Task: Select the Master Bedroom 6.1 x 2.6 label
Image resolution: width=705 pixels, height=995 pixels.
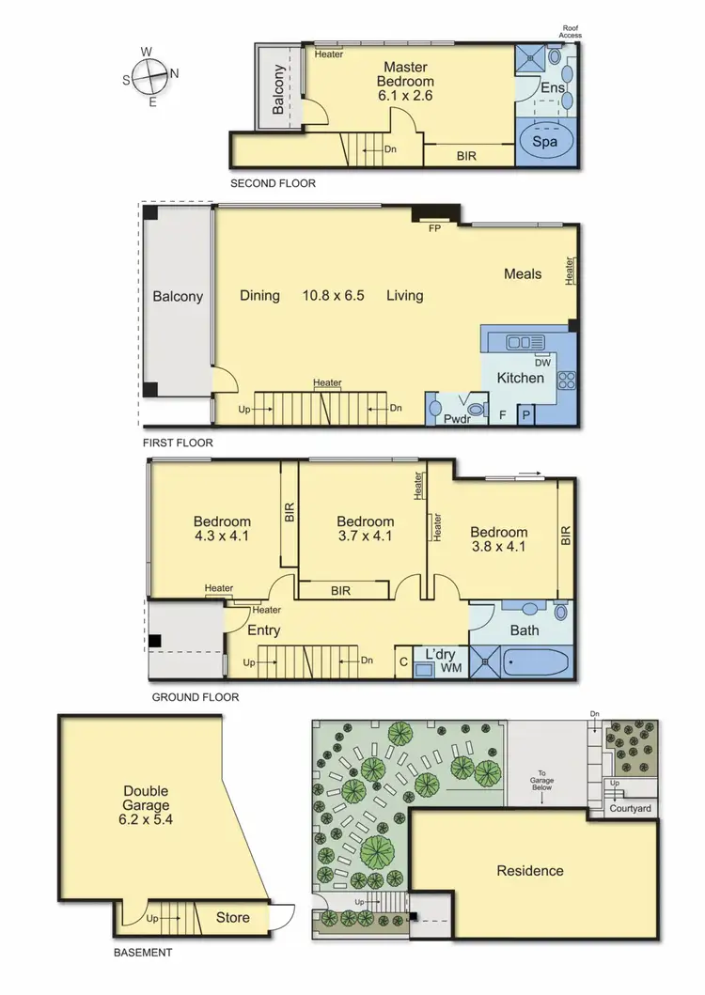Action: (x=405, y=81)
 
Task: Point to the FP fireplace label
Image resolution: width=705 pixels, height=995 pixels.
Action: (x=434, y=228)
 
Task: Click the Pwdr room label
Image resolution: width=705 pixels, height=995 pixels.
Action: (x=456, y=419)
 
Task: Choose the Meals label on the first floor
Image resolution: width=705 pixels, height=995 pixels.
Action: (x=523, y=273)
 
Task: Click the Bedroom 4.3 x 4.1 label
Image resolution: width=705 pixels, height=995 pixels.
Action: (x=222, y=529)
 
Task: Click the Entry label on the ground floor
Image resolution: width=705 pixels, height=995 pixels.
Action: (x=264, y=630)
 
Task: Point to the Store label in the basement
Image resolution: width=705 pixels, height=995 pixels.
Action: (x=233, y=916)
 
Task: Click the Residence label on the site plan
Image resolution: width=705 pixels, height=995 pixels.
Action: (x=530, y=871)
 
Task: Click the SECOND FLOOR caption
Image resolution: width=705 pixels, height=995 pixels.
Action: (x=273, y=183)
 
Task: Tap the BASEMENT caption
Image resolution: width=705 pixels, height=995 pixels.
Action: (x=143, y=952)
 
